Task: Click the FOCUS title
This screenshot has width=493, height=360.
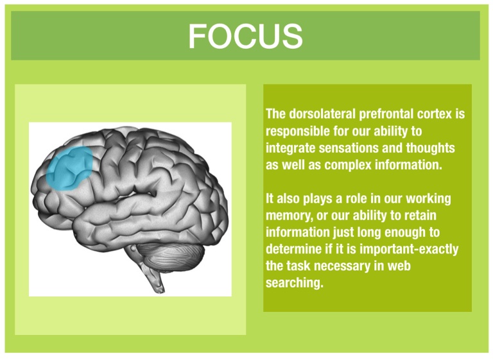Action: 246,36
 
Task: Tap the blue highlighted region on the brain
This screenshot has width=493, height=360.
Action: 69,168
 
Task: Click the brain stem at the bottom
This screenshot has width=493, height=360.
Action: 154,277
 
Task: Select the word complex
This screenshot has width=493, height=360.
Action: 348,166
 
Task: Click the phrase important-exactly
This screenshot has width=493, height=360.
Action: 409,250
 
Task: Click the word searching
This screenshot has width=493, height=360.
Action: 295,283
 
